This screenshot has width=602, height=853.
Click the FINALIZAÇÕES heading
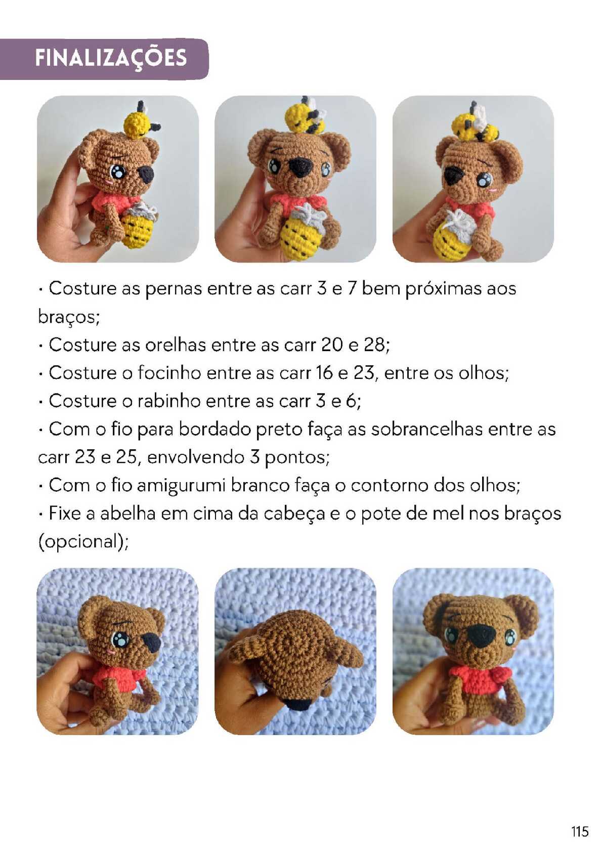click(111, 59)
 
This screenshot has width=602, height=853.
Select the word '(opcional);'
click(84, 542)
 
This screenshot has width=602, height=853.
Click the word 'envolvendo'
click(195, 457)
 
